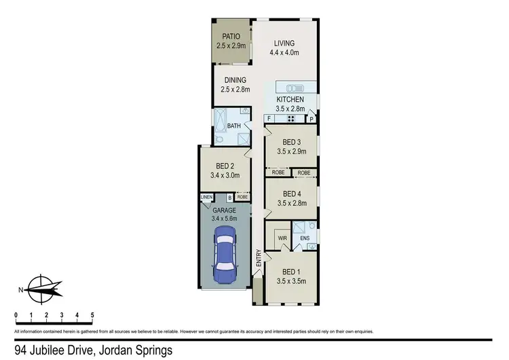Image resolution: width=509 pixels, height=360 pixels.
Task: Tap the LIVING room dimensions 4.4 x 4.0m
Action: tap(284, 52)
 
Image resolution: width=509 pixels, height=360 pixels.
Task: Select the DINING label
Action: tap(235, 79)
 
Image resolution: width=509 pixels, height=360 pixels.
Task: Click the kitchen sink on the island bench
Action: tap(296, 88)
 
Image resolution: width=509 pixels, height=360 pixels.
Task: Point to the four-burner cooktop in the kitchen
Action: tap(290, 119)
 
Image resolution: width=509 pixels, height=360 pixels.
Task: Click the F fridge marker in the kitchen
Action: tap(269, 119)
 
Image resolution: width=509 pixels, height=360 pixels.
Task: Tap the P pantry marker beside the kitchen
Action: tap(312, 120)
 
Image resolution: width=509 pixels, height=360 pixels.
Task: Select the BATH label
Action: tap(233, 126)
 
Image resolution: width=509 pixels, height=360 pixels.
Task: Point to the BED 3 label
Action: tap(291, 142)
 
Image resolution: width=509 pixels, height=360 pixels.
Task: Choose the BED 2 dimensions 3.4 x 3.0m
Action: tap(224, 175)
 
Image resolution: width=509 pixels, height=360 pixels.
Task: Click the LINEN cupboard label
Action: tap(207, 197)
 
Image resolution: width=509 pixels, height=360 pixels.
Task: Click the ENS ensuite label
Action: tap(305, 238)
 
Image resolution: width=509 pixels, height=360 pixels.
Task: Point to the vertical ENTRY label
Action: tap(259, 259)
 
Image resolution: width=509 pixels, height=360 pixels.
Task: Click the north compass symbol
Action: tap(41, 289)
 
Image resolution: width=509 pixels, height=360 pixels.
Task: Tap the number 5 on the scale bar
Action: tap(92, 315)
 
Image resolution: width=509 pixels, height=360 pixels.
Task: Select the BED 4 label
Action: tap(291, 192)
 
